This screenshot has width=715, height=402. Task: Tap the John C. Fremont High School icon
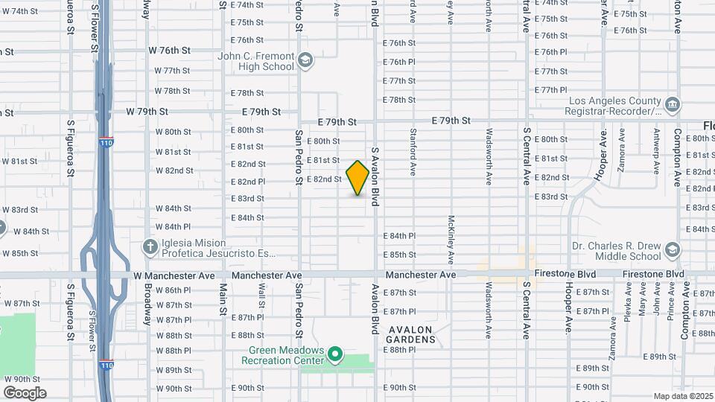pos(304,60)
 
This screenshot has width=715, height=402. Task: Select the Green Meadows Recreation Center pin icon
pos(335,354)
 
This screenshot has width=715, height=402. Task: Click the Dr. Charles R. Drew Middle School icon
pos(673,249)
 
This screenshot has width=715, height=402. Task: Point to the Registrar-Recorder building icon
pos(673,105)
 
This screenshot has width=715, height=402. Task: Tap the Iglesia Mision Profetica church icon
pos(149,246)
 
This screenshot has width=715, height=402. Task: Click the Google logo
pos(25,392)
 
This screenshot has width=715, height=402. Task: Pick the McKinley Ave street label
pos(451,240)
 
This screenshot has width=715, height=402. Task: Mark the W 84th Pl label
pos(173,226)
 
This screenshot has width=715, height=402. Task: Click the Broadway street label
pos(147,304)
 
